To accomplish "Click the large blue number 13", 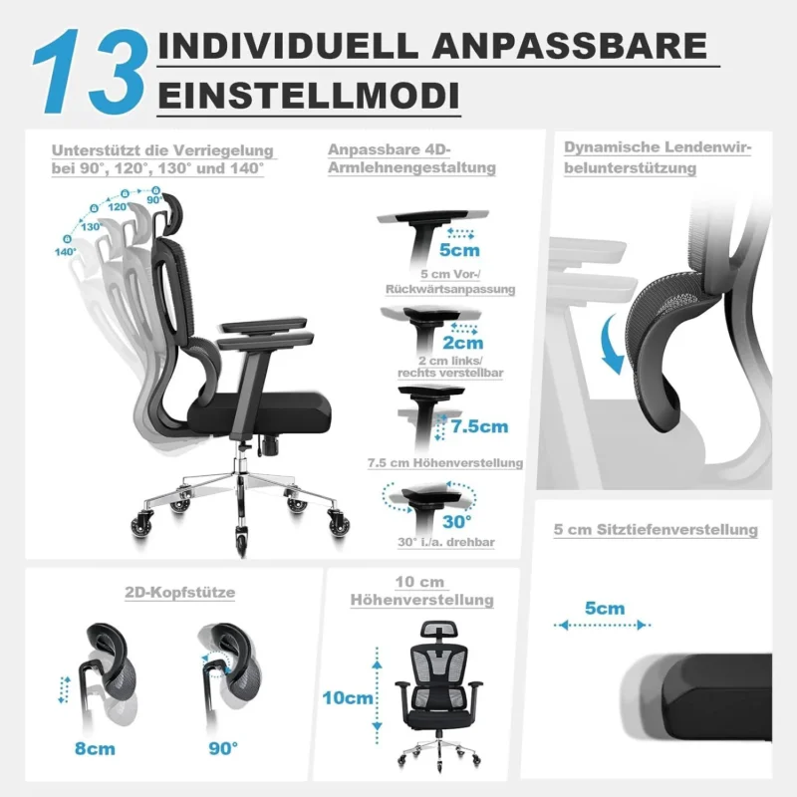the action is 90,71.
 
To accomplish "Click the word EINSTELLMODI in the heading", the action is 309,95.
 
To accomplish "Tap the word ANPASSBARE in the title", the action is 570,45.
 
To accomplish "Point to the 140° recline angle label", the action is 66,252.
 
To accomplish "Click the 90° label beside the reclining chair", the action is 154,200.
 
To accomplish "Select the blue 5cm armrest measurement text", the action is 459,250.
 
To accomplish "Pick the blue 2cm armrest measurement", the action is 462,343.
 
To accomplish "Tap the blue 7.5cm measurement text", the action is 479,426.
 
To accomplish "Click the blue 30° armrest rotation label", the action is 456,521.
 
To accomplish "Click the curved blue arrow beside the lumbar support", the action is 612,344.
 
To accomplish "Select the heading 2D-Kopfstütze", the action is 180,592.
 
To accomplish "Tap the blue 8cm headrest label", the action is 95,749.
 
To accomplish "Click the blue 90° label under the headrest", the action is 223,748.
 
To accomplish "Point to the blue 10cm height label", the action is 348,698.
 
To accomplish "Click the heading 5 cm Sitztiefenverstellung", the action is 656,530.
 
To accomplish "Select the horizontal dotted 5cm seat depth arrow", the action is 603,625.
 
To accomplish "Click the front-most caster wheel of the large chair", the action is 241,541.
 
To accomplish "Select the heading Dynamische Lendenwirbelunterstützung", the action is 658,157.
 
